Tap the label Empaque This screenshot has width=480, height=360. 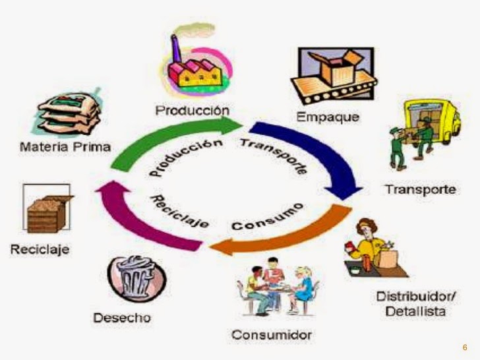328,118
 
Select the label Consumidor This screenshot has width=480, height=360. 271,334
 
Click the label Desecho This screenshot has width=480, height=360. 122,318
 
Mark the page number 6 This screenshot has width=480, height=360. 464,347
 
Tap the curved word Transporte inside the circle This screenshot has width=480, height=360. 276,155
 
